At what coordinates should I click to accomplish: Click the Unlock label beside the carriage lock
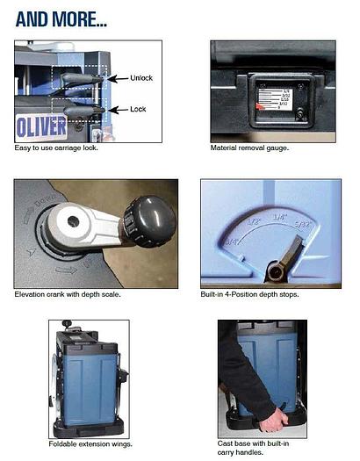[141, 78]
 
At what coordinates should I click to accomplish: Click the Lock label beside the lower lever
[138, 110]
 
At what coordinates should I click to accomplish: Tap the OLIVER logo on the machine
[41, 126]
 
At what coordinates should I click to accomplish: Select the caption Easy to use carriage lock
[56, 148]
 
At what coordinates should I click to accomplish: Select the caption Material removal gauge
[249, 148]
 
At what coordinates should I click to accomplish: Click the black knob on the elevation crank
[151, 216]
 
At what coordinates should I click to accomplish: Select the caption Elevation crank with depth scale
[68, 293]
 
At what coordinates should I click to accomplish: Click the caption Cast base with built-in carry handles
[256, 449]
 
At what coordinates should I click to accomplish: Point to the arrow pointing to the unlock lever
[117, 78]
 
